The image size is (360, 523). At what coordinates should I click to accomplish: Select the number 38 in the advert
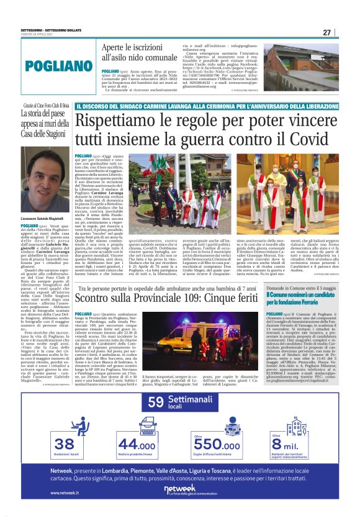[64, 444]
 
